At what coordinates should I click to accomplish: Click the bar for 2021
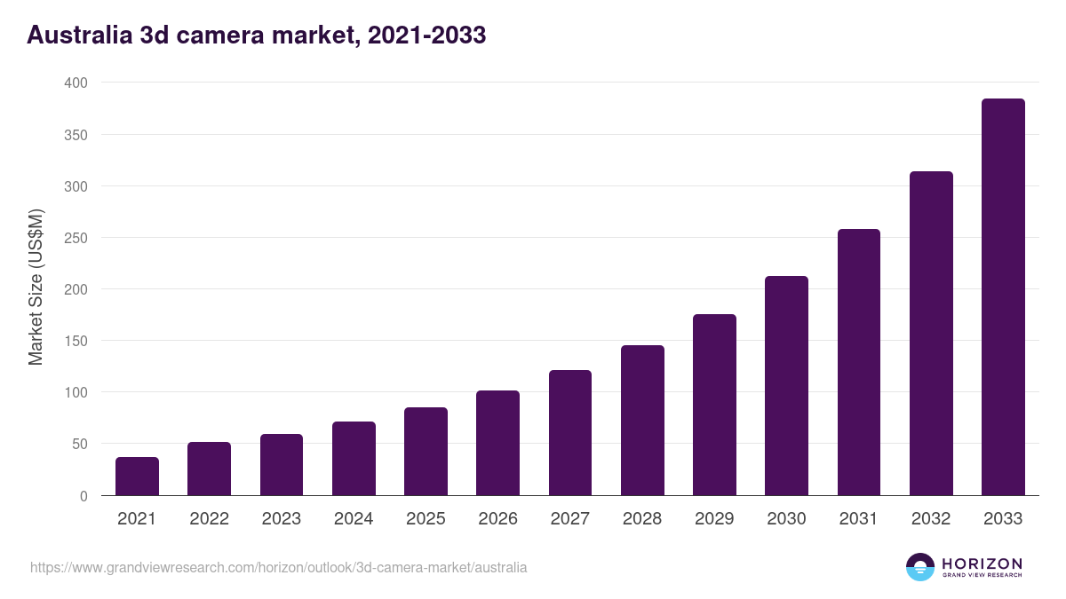[137, 477]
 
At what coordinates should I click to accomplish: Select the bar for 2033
[1003, 297]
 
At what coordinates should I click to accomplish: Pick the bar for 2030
[786, 386]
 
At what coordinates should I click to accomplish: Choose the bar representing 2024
[354, 459]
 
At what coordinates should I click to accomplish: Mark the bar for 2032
[931, 334]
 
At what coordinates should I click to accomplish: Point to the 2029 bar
[714, 405]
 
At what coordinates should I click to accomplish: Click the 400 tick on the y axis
[76, 83]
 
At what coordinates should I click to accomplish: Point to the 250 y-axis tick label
[76, 238]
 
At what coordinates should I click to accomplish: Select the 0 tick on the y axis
[84, 496]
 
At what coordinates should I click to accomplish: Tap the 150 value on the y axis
[76, 341]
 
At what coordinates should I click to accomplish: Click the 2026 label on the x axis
[497, 519]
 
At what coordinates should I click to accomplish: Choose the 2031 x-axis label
[859, 519]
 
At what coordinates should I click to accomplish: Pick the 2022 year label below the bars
[209, 519]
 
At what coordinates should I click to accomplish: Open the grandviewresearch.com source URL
[278, 567]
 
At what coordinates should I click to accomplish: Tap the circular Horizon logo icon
[920, 567]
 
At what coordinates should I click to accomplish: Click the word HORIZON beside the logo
[982, 564]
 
